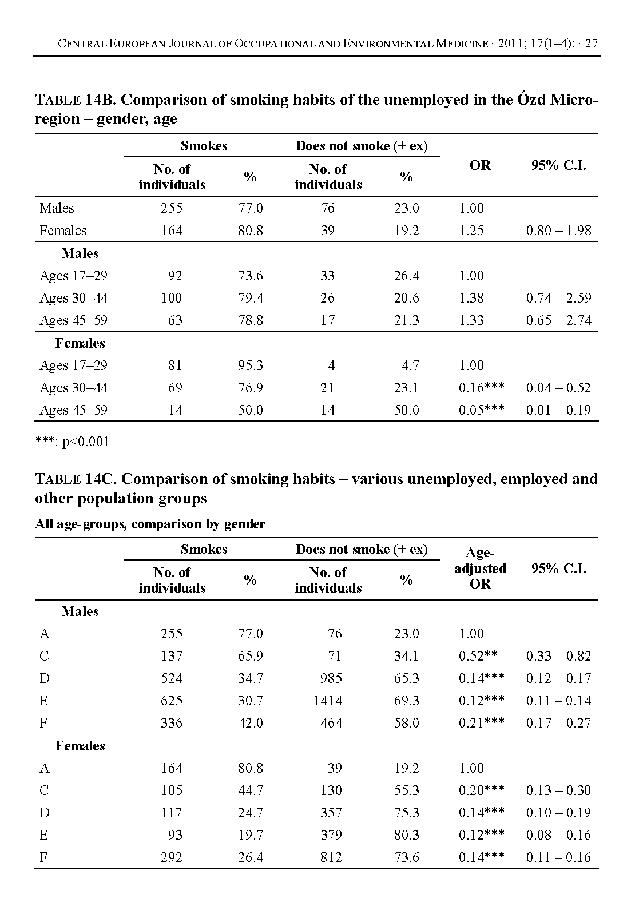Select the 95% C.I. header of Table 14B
(558, 166)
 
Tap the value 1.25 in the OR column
(471, 231)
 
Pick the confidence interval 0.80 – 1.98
(558, 231)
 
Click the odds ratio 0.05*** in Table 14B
(481, 410)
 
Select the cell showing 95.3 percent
(251, 365)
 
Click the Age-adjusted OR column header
(480, 568)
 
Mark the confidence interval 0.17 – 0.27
(558, 723)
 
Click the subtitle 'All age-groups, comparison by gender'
(150, 524)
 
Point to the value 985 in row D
(331, 678)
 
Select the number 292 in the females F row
(172, 857)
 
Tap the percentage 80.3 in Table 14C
(406, 835)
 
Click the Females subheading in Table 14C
(80, 746)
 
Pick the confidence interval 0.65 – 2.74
(558, 320)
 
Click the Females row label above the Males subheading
(63, 231)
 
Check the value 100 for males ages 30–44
(172, 298)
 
